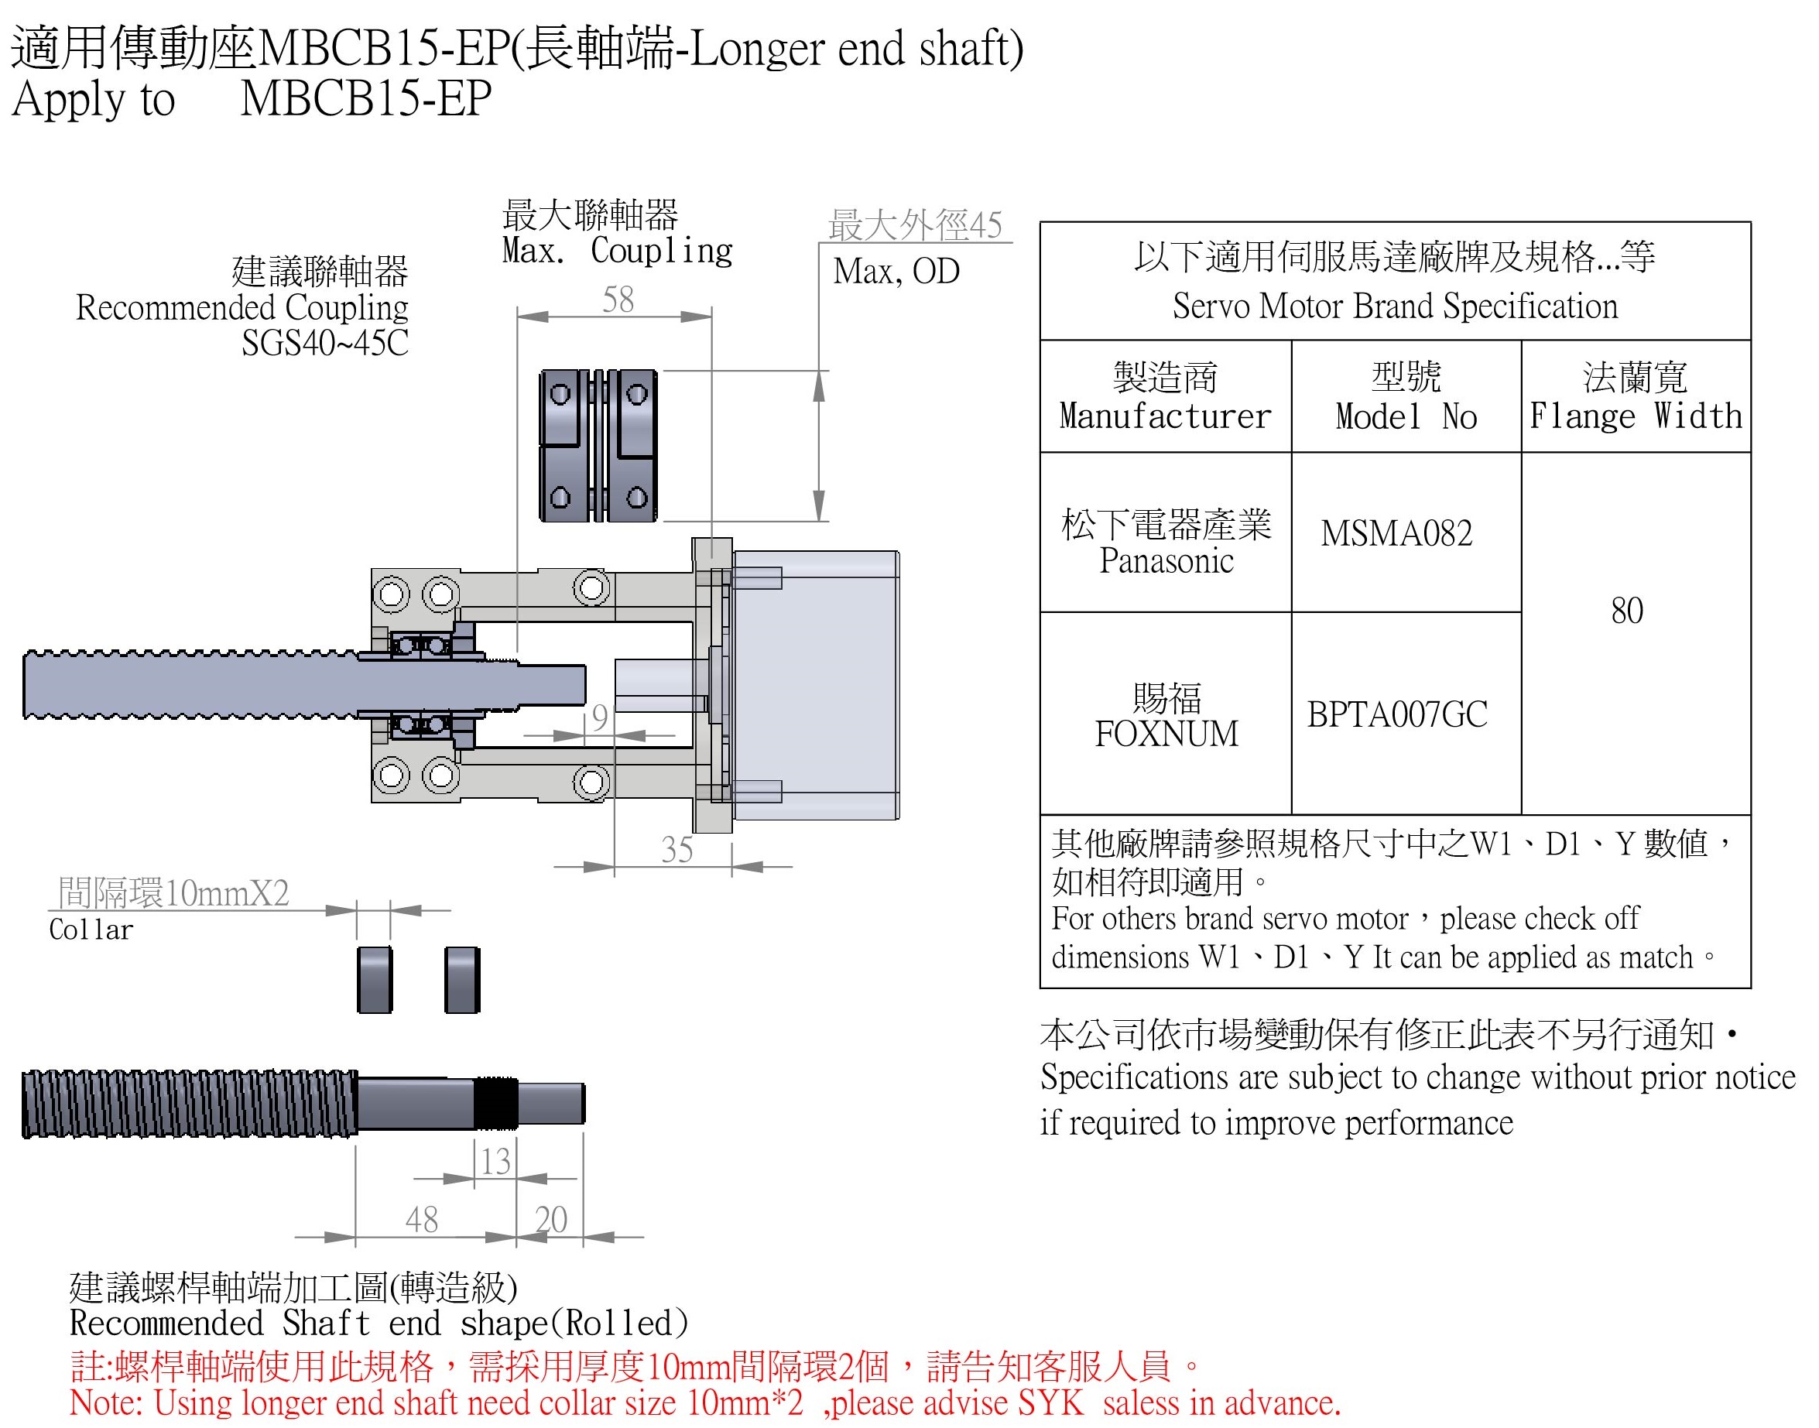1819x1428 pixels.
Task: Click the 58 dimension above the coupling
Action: coord(618,300)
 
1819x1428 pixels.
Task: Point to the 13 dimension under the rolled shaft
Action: coord(495,1160)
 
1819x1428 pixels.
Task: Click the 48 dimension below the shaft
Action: coord(421,1220)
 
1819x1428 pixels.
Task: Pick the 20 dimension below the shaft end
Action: coord(551,1220)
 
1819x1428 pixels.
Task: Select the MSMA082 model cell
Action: coord(1396,533)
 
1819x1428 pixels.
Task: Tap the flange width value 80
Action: coord(1627,611)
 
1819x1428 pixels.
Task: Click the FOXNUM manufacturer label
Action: coord(1166,734)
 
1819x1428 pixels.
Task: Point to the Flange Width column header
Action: coord(1635,416)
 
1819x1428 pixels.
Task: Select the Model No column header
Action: coord(1406,416)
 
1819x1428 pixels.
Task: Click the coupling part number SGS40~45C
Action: coord(324,343)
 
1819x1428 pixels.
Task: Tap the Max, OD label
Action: coord(896,271)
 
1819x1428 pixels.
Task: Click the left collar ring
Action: coord(375,980)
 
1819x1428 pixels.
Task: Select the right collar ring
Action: coord(462,980)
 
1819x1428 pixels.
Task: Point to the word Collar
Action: coord(91,930)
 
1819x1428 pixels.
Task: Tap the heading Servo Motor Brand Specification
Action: coord(1394,306)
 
